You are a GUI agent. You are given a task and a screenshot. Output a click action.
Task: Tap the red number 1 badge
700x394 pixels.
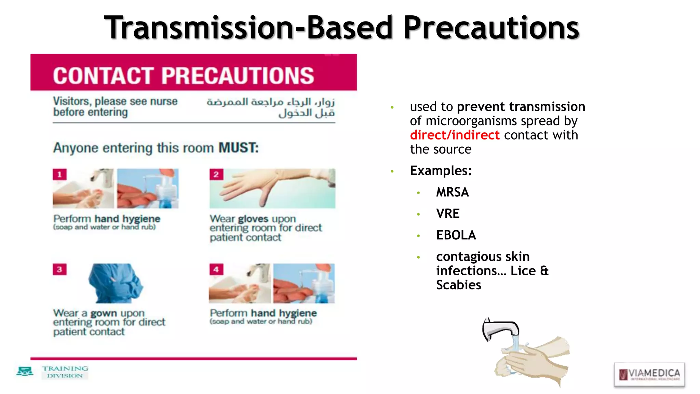click(x=59, y=174)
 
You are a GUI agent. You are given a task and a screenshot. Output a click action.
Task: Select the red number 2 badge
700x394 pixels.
click(x=216, y=174)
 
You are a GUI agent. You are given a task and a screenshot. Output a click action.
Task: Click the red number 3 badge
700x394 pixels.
click(x=59, y=269)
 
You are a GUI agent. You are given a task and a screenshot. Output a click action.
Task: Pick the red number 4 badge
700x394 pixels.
click(x=216, y=269)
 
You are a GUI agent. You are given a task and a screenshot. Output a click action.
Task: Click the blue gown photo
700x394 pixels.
click(x=115, y=283)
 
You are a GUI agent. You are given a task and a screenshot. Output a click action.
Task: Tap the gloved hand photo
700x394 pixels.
click(x=272, y=188)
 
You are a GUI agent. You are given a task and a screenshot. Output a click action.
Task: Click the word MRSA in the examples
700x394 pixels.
click(x=452, y=192)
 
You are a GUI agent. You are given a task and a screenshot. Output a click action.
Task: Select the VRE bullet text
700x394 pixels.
click(x=448, y=214)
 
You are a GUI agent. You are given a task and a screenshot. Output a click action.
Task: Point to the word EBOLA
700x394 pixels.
click(x=456, y=235)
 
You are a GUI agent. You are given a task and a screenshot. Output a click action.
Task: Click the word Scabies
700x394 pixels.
click(x=458, y=285)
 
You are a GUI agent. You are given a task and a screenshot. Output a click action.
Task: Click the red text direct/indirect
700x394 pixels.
click(x=455, y=135)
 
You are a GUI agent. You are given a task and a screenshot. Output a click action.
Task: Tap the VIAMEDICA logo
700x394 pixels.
click(x=649, y=374)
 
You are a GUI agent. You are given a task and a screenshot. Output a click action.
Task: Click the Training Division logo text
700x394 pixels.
click(x=65, y=372)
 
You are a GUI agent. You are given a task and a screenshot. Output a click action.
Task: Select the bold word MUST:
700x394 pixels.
click(x=239, y=148)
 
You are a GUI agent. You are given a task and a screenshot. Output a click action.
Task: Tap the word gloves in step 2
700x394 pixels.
click(x=253, y=219)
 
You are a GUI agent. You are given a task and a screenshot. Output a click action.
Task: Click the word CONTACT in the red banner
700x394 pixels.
click(x=103, y=76)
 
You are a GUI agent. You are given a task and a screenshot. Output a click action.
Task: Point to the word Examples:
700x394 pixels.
click(x=441, y=171)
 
